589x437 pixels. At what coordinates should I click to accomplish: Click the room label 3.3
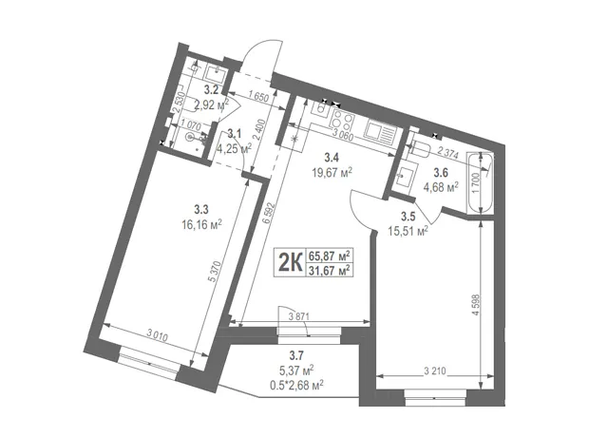[x=201, y=210]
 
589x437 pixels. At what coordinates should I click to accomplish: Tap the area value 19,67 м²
[x=332, y=173]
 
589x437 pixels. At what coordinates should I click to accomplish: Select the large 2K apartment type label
[x=291, y=262]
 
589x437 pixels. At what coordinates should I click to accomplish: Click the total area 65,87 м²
[x=330, y=256]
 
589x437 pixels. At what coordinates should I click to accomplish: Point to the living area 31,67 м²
[x=330, y=270]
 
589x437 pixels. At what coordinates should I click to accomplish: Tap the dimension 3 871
[x=299, y=316]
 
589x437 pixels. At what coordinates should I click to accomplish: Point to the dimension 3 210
[x=435, y=371]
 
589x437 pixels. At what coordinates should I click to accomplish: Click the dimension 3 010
[x=157, y=334]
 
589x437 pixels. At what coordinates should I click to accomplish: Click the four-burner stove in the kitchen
[x=342, y=121]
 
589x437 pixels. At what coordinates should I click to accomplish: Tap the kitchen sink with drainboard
[x=381, y=132]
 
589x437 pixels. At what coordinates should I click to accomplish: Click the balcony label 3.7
[x=296, y=354]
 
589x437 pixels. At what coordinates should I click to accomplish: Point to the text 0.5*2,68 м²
[x=296, y=385]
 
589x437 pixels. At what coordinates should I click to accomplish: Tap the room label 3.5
[x=408, y=217]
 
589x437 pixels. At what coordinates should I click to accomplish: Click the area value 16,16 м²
[x=201, y=225]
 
